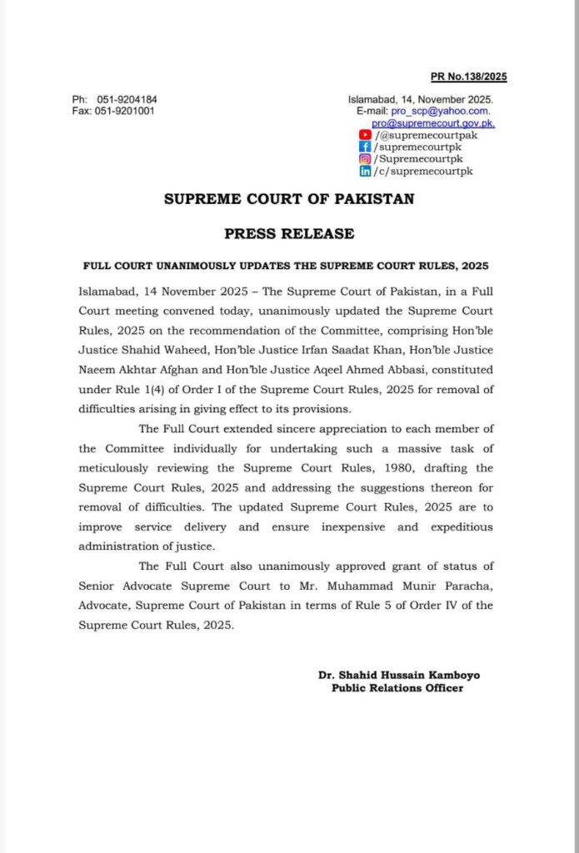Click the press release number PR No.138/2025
pos(468,77)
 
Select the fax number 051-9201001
pos(124,111)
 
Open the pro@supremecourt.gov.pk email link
pos(433,122)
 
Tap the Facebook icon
pos(365,147)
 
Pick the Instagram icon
pos(365,158)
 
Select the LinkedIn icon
pos(365,171)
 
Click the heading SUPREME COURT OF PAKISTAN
pos(288,200)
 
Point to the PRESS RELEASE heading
pos(289,234)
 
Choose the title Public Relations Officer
pos(397,688)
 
